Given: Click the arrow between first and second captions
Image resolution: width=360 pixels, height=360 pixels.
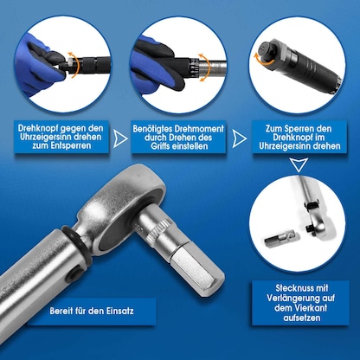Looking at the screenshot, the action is (120, 138).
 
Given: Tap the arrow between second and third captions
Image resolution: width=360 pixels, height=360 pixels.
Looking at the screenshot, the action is (239, 138).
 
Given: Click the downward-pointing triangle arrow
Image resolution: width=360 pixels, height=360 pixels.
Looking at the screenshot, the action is (299, 165).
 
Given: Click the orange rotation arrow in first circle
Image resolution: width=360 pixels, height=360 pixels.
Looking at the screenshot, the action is (74, 65).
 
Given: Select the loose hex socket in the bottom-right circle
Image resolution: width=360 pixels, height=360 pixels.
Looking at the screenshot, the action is (281, 238).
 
